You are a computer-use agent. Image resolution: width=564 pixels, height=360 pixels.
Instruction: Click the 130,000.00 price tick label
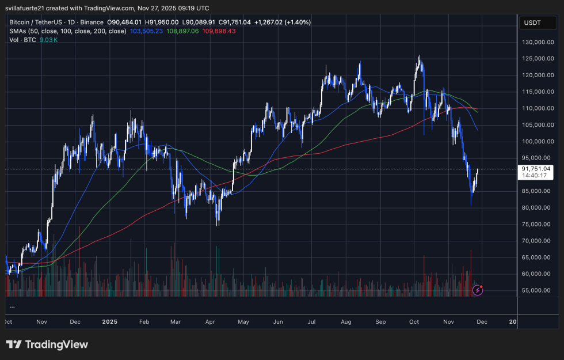click(x=538, y=42)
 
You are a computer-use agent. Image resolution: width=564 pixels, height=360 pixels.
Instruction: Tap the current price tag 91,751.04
click(x=536, y=169)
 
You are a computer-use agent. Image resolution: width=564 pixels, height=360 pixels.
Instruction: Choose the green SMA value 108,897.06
click(x=182, y=30)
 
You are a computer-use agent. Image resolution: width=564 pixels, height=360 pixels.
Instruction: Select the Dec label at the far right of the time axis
click(x=482, y=321)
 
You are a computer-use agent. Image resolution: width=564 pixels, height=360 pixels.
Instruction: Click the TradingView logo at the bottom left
click(x=47, y=344)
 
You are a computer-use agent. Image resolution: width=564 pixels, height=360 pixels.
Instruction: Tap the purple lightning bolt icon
click(x=478, y=290)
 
